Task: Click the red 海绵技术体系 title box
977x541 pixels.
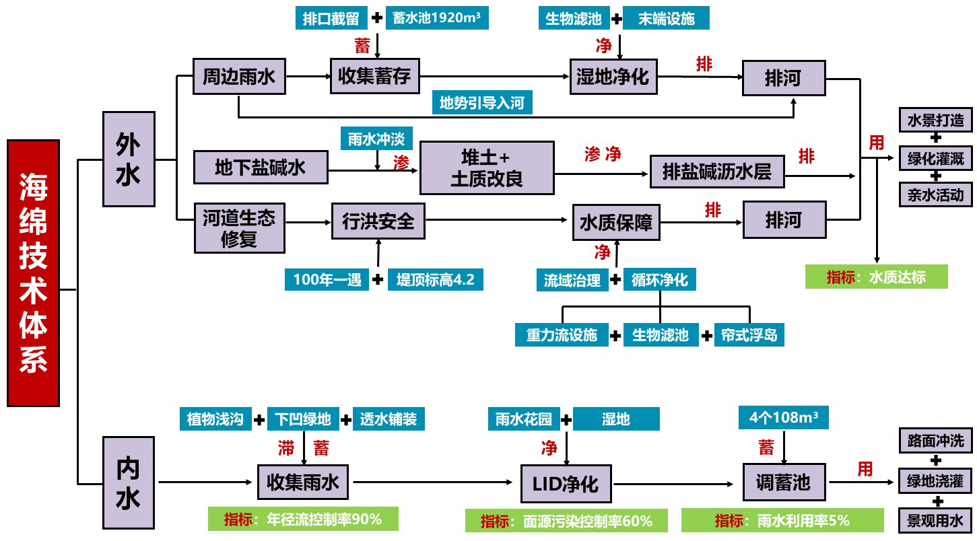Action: [x=33, y=273]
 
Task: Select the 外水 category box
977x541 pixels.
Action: [x=129, y=159]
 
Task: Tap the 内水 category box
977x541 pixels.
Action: [x=128, y=482]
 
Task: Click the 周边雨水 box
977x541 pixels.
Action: [x=239, y=76]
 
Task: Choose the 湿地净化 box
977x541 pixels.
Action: [x=613, y=76]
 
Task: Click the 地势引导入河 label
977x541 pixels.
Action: [x=481, y=103]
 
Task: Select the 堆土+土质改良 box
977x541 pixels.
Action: [x=487, y=168]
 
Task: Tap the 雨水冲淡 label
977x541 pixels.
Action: [x=376, y=139]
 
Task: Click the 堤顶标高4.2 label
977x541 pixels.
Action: [x=435, y=280]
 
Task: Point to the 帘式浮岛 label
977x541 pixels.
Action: [x=749, y=334]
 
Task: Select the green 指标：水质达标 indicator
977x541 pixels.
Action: [x=876, y=277]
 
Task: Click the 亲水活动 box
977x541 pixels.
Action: [x=935, y=195]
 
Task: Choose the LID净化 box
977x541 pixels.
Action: [x=560, y=483]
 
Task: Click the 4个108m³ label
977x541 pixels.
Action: [x=784, y=417]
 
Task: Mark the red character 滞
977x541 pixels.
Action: [x=286, y=448]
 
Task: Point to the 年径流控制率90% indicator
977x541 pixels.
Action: [x=303, y=519]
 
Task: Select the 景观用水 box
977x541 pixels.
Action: [x=935, y=520]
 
